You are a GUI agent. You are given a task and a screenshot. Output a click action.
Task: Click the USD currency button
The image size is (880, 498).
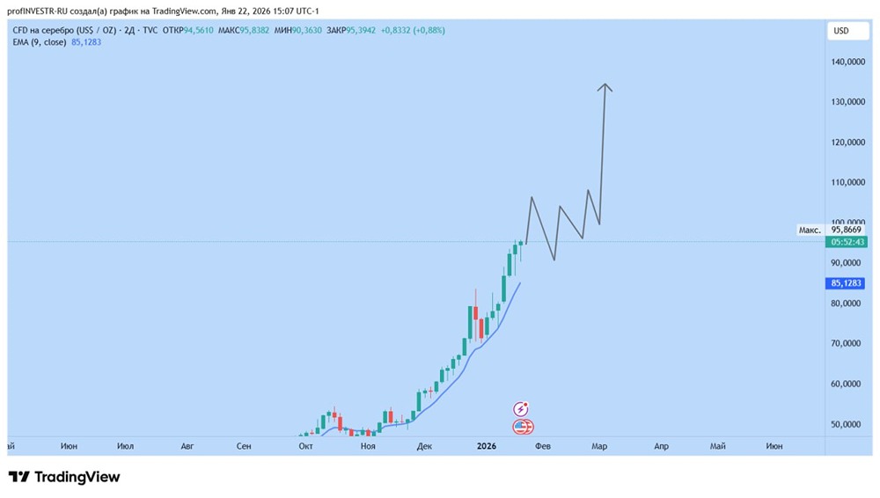(840, 31)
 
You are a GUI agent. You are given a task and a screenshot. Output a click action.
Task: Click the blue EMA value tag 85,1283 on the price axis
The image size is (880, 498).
(847, 283)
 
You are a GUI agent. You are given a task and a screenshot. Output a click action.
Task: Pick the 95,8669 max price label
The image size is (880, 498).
(847, 230)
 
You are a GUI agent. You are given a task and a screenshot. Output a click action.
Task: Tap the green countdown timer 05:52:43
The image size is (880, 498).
(847, 242)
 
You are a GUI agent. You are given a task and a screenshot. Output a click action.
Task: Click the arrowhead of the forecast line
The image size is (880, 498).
(605, 86)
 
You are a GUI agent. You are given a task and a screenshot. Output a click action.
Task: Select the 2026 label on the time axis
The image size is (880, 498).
(488, 446)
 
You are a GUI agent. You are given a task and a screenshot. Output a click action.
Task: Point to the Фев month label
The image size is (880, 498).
(543, 446)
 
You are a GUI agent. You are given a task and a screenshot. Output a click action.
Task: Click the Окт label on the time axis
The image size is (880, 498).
(306, 446)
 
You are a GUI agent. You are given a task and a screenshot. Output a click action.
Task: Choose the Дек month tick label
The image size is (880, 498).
(424, 446)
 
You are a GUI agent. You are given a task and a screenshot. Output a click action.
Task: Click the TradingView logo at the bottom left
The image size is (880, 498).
(63, 477)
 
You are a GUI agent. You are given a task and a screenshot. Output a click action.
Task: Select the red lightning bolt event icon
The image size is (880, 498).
(522, 409)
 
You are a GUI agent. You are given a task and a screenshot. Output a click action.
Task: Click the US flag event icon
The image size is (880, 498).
(523, 427)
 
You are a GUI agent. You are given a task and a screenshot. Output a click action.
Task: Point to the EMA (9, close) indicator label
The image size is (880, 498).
(40, 41)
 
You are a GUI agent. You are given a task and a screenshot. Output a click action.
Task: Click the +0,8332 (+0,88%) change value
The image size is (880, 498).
(413, 30)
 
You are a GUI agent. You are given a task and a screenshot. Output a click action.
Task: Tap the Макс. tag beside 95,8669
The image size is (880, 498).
(810, 230)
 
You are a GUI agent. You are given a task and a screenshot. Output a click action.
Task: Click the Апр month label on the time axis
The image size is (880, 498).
(661, 446)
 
